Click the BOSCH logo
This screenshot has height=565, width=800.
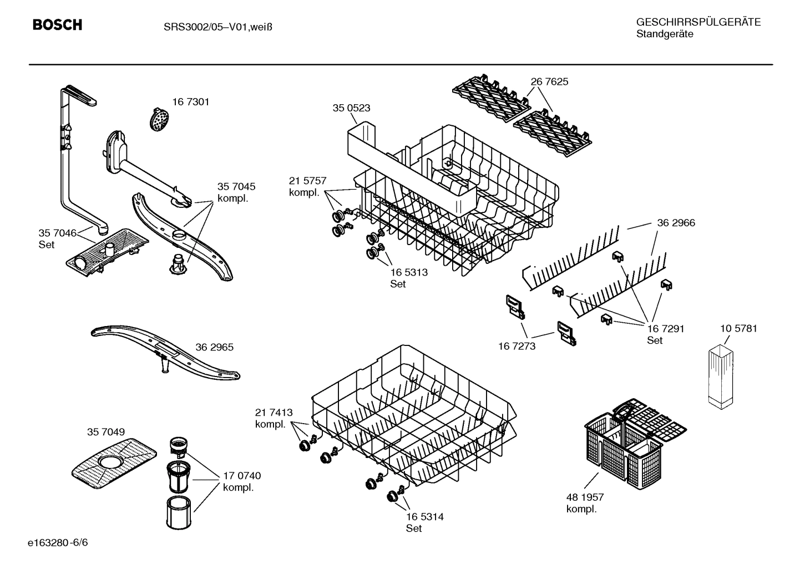(x=57, y=25)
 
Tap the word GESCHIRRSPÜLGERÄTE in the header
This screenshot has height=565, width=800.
(x=698, y=22)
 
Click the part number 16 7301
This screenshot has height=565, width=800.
(x=190, y=102)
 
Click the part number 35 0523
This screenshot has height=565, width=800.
(x=351, y=108)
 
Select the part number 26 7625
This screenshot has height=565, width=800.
(x=549, y=82)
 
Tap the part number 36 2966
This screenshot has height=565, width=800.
(x=676, y=223)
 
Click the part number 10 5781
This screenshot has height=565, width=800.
(x=738, y=328)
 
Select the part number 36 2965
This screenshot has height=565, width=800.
(x=214, y=347)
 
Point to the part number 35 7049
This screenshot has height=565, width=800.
(x=105, y=431)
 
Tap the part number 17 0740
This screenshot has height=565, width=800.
(x=241, y=476)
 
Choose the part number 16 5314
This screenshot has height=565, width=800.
(x=424, y=517)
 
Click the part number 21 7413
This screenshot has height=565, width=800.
(x=274, y=413)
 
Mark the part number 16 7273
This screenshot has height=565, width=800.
(x=517, y=346)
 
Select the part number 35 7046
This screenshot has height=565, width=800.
(x=57, y=233)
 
